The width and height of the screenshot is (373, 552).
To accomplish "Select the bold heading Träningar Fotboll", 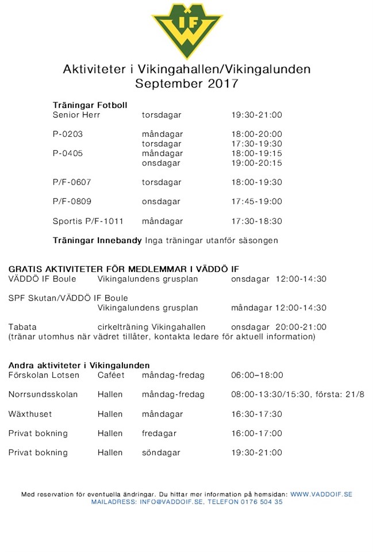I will [90, 105].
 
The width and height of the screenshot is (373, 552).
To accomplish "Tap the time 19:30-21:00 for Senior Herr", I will [256, 115].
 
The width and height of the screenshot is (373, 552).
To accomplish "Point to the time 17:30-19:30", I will [256, 144].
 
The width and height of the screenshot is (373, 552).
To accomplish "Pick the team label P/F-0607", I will [72, 182].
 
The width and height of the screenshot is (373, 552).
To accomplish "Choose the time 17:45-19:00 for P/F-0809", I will [256, 202].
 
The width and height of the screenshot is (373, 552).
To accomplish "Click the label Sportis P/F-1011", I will [88, 221].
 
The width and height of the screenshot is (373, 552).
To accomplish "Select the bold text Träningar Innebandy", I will [97, 240].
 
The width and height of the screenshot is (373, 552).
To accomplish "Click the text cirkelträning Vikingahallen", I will [151, 327].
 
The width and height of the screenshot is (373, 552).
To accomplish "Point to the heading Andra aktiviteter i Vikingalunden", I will [79, 365].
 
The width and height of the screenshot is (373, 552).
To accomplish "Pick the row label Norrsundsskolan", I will [43, 394].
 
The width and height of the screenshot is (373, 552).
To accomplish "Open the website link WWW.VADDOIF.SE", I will [321, 494].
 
